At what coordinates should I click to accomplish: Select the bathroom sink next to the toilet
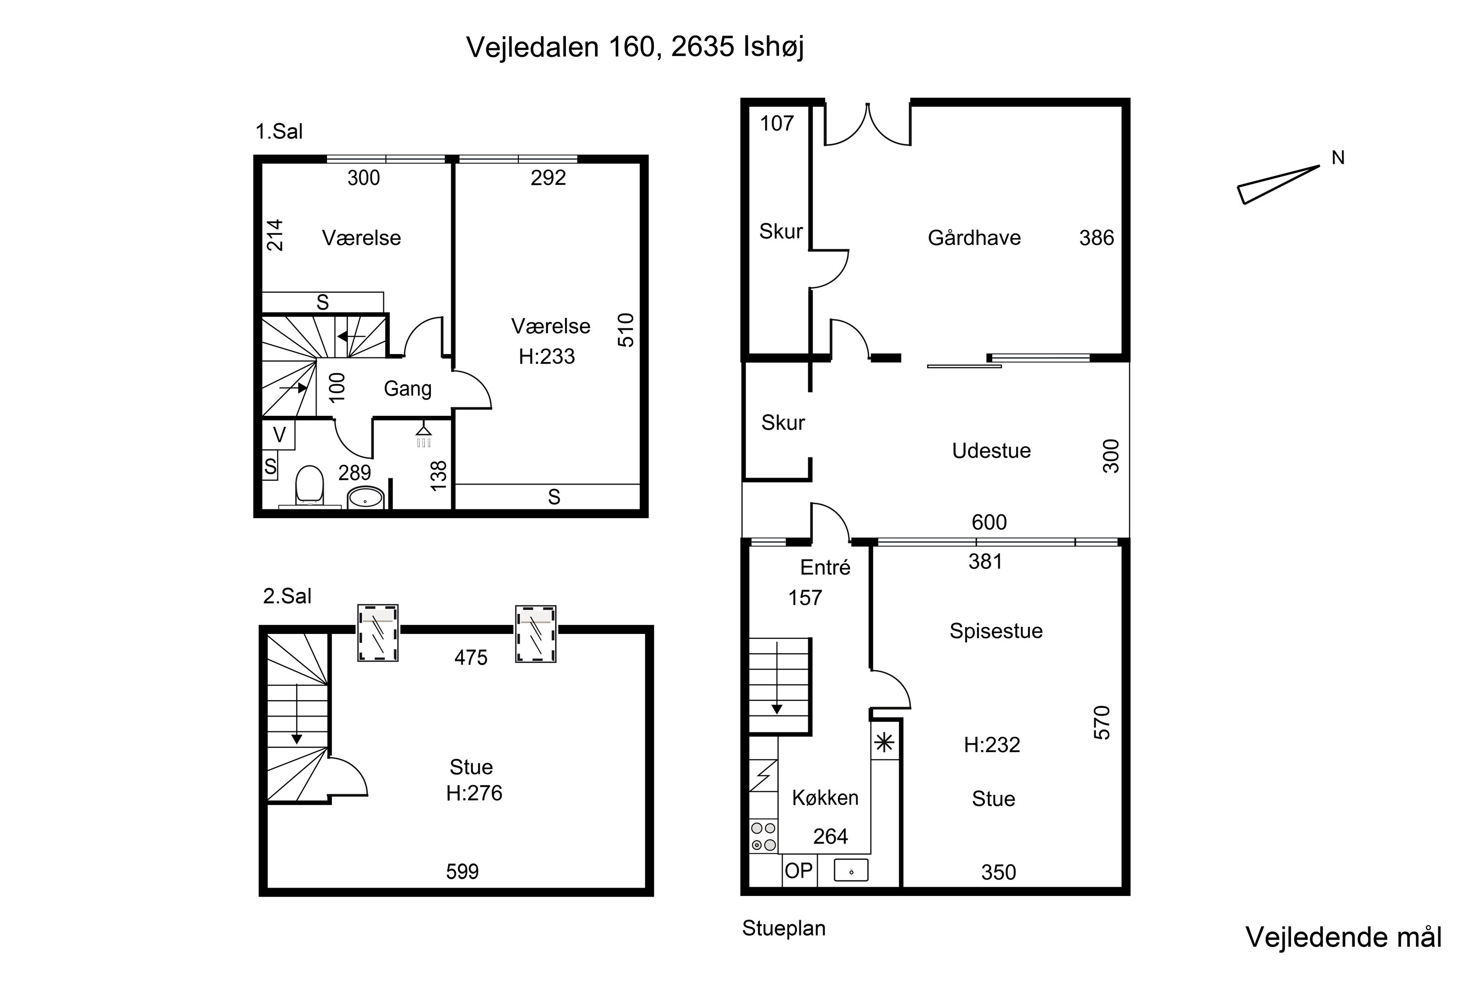[366, 497]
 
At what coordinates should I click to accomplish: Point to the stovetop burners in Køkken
[763, 836]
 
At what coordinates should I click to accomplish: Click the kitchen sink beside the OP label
[851, 870]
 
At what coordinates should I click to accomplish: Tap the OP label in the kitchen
[799, 870]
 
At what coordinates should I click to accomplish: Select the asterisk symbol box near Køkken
[884, 743]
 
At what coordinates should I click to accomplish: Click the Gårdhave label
[974, 238]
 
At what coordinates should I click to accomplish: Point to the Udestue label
[991, 450]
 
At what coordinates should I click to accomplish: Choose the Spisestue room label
[996, 631]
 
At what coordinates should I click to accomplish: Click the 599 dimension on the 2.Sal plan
[463, 872]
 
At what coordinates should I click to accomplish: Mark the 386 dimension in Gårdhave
[1097, 238]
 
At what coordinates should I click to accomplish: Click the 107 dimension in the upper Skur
[777, 124]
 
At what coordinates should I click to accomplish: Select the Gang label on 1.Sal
[408, 389]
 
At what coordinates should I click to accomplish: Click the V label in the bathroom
[279, 435]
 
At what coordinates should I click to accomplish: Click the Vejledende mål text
[1344, 938]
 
